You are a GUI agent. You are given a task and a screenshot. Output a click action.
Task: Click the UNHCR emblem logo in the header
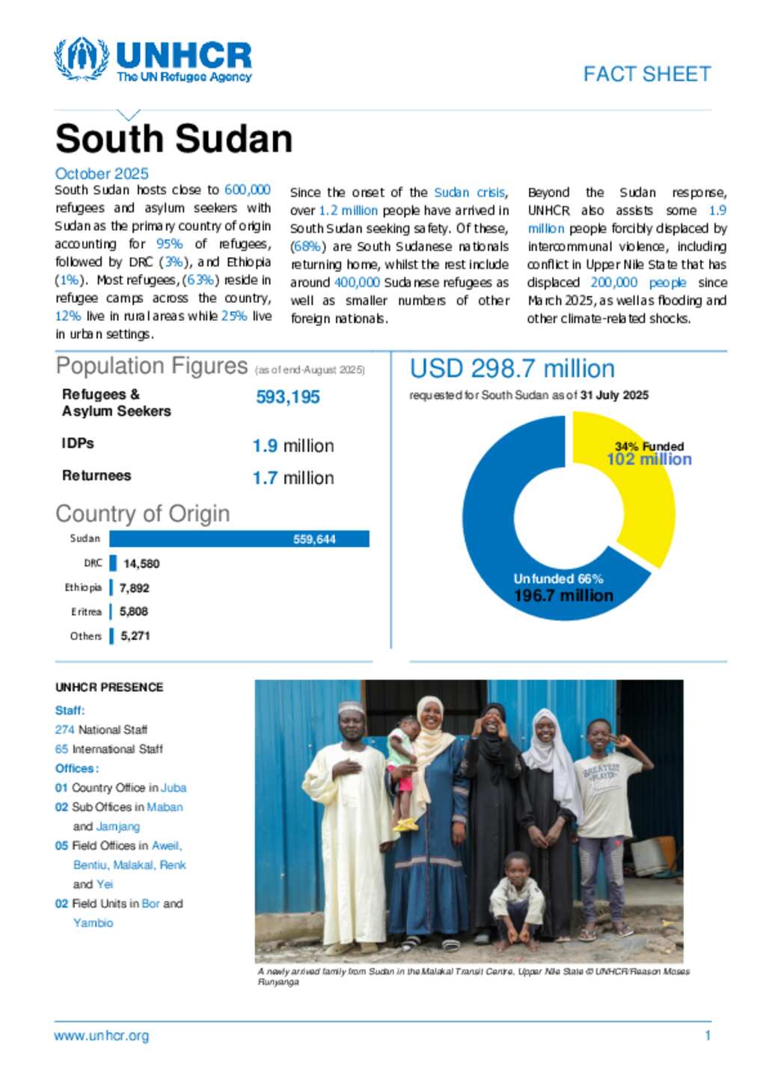click(x=82, y=59)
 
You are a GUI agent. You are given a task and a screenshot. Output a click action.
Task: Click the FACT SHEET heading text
click(x=647, y=74)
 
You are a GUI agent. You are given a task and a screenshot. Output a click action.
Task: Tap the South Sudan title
click(x=174, y=139)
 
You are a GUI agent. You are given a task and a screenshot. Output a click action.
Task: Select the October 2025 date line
click(x=102, y=174)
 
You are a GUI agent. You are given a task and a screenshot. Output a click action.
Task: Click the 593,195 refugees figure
click(x=288, y=397)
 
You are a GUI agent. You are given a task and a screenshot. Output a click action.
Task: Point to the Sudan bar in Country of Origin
click(x=239, y=539)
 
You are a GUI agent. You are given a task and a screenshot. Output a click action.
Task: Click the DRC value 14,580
click(x=141, y=563)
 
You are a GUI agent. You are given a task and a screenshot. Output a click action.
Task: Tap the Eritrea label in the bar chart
click(x=86, y=612)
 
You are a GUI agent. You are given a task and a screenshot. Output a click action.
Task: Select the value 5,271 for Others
click(x=135, y=636)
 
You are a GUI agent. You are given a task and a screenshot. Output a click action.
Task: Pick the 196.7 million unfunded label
click(x=563, y=595)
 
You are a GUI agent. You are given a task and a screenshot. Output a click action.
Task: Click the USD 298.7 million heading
click(x=512, y=369)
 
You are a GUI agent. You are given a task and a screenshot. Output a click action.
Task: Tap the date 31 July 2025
click(x=614, y=395)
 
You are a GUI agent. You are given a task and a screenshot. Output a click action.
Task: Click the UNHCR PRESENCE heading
click(x=109, y=687)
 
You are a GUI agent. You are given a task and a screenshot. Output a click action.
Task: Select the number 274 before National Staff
click(x=64, y=729)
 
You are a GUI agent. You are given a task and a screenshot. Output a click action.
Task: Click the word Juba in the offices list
click(x=174, y=788)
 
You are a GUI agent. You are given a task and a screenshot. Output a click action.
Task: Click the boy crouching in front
click(x=517, y=896)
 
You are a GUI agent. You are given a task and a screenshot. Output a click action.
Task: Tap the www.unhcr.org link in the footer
click(x=101, y=1035)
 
